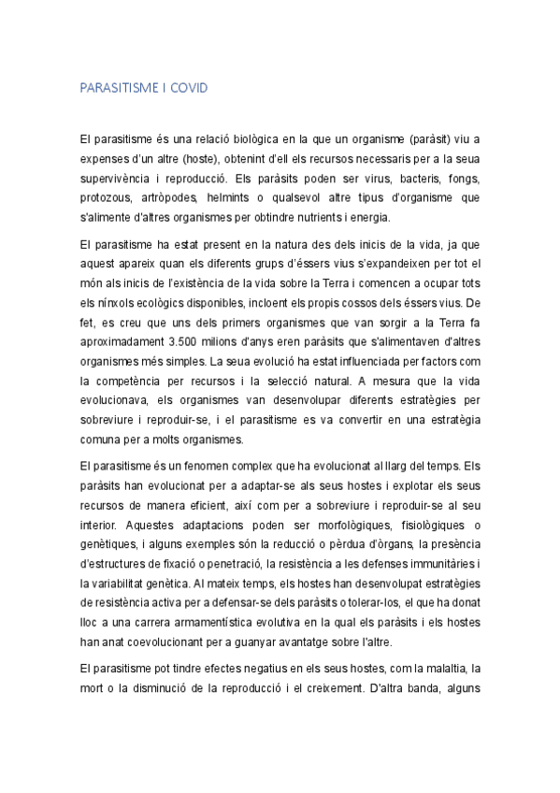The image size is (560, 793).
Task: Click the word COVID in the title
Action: (187, 88)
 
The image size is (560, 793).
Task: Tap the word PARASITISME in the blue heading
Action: (118, 88)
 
